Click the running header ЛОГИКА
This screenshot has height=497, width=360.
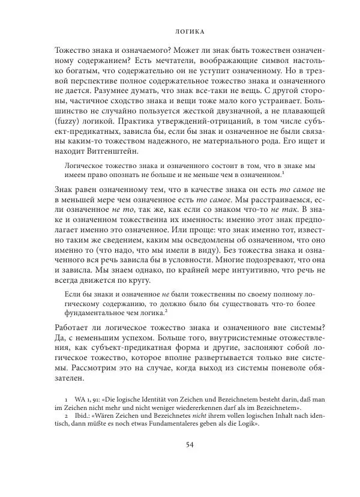[180, 28]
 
